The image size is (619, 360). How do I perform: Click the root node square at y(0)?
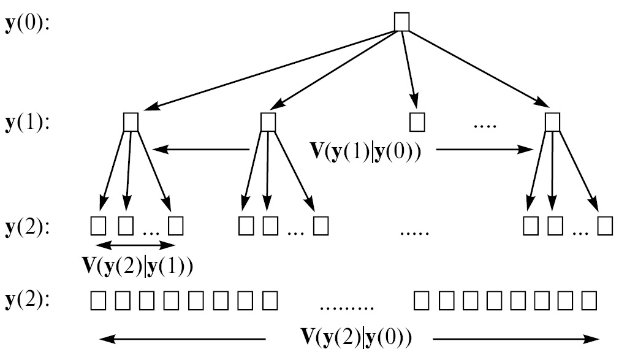tap(401, 22)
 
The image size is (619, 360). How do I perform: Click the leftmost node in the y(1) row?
tap(131, 121)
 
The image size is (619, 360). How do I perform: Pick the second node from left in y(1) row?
tap(267, 121)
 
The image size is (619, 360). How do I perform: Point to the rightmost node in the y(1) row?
tap(553, 121)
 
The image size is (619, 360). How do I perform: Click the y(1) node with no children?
tap(417, 122)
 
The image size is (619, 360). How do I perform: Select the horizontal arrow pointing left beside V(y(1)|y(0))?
tap(201, 149)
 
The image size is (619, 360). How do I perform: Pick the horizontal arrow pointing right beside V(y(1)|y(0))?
tap(484, 149)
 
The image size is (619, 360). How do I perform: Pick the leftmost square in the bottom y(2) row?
tap(98, 301)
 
